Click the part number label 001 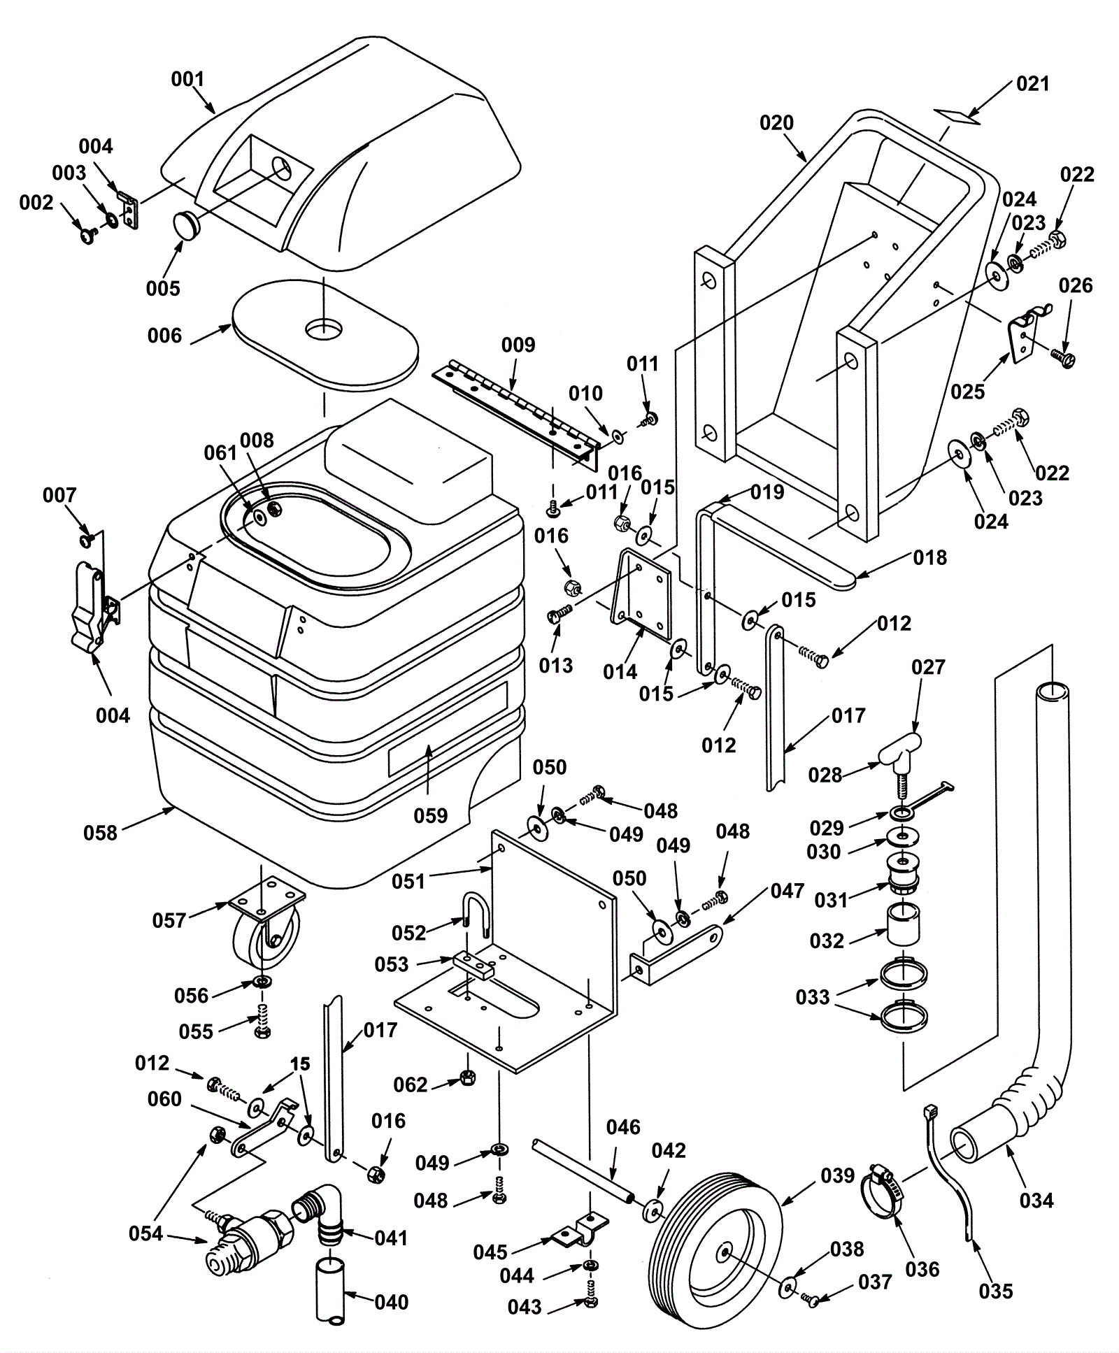pyautogui.click(x=187, y=79)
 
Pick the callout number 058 pyautogui.click(x=100, y=832)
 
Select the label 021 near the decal pyautogui.click(x=1033, y=84)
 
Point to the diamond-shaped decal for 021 pyautogui.click(x=959, y=115)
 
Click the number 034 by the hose pyautogui.click(x=1036, y=1201)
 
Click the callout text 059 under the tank pyautogui.click(x=430, y=815)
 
